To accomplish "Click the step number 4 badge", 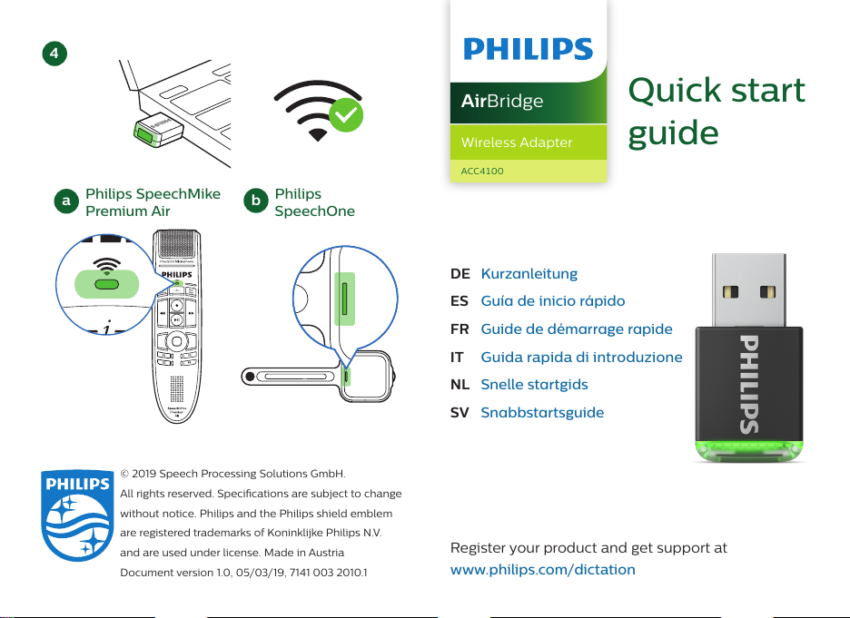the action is click(x=55, y=54).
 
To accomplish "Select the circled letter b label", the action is click(x=257, y=201).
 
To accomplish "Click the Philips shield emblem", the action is click(x=74, y=525).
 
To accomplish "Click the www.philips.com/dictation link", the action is click(x=543, y=570).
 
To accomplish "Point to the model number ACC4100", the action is click(x=482, y=171).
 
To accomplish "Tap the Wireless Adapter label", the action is click(x=516, y=142).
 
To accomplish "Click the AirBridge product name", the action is click(x=501, y=101).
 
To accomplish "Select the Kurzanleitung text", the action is click(x=529, y=273).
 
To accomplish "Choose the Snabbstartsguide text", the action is click(x=542, y=413).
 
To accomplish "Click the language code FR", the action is click(x=460, y=329).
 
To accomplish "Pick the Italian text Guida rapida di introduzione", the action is click(x=581, y=358).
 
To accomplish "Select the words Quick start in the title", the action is click(x=717, y=91).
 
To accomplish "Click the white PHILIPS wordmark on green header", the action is click(x=528, y=49).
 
